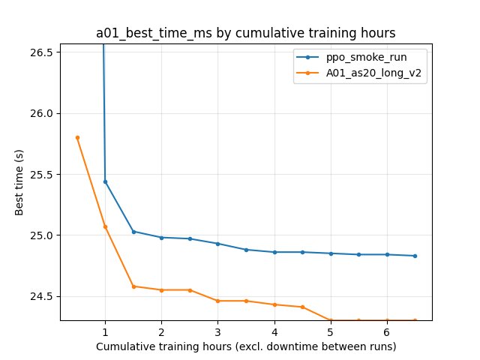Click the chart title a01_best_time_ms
[246, 33]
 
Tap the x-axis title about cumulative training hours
[246, 346]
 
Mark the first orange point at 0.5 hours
[77, 137]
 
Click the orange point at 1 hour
[105, 226]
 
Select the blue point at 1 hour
[105, 181]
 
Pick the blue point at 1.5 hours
[133, 232]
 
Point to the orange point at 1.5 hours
[133, 286]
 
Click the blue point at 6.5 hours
[415, 256]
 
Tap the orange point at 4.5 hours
[302, 307]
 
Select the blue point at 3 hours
[217, 244]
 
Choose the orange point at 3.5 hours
[246, 301]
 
